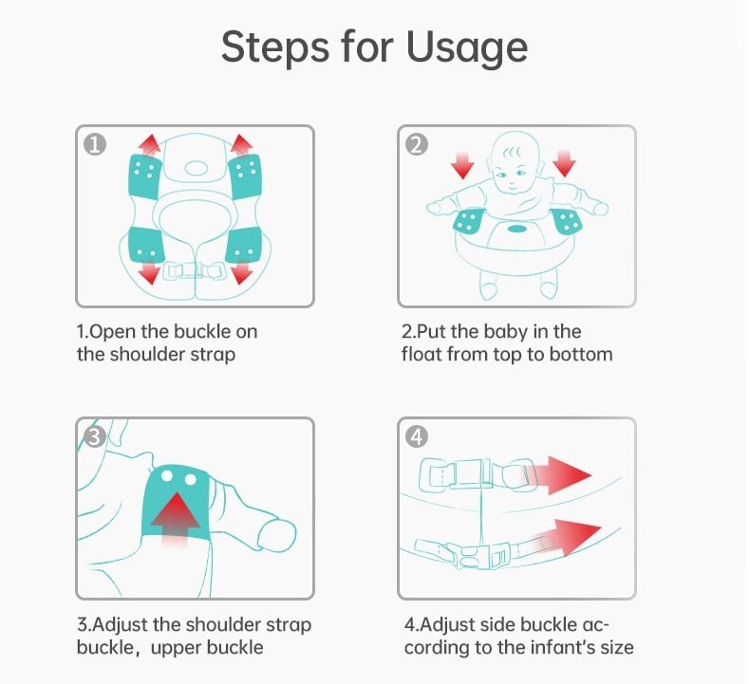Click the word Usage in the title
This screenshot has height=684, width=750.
coord(466,47)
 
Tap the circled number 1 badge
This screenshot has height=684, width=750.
coord(95,144)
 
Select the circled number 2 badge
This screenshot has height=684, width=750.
coord(417,144)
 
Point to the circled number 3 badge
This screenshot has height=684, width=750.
coord(94,437)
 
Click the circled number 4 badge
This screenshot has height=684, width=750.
coord(417,437)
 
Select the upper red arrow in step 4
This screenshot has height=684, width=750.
coord(559,475)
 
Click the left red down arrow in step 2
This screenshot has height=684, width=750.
coord(462,165)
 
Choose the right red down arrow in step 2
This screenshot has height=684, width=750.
coord(565,163)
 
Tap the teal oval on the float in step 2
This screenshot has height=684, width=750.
coord(517,230)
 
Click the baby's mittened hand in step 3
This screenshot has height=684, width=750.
coord(277,536)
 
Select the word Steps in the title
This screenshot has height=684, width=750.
coord(275,47)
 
